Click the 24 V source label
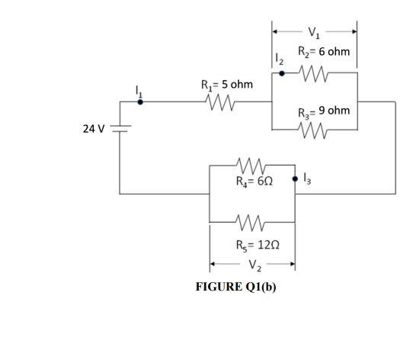(x=93, y=128)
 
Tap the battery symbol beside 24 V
(x=120, y=128)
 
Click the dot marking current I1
(x=139, y=100)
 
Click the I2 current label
(x=279, y=58)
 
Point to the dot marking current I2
(x=281, y=74)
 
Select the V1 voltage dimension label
(x=315, y=32)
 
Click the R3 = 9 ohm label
(x=324, y=111)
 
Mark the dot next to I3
(x=295, y=180)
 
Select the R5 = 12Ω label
(x=251, y=245)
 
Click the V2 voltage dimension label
(x=251, y=265)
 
